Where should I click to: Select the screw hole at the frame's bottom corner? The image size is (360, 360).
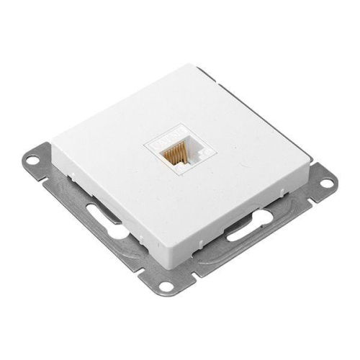166,287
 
